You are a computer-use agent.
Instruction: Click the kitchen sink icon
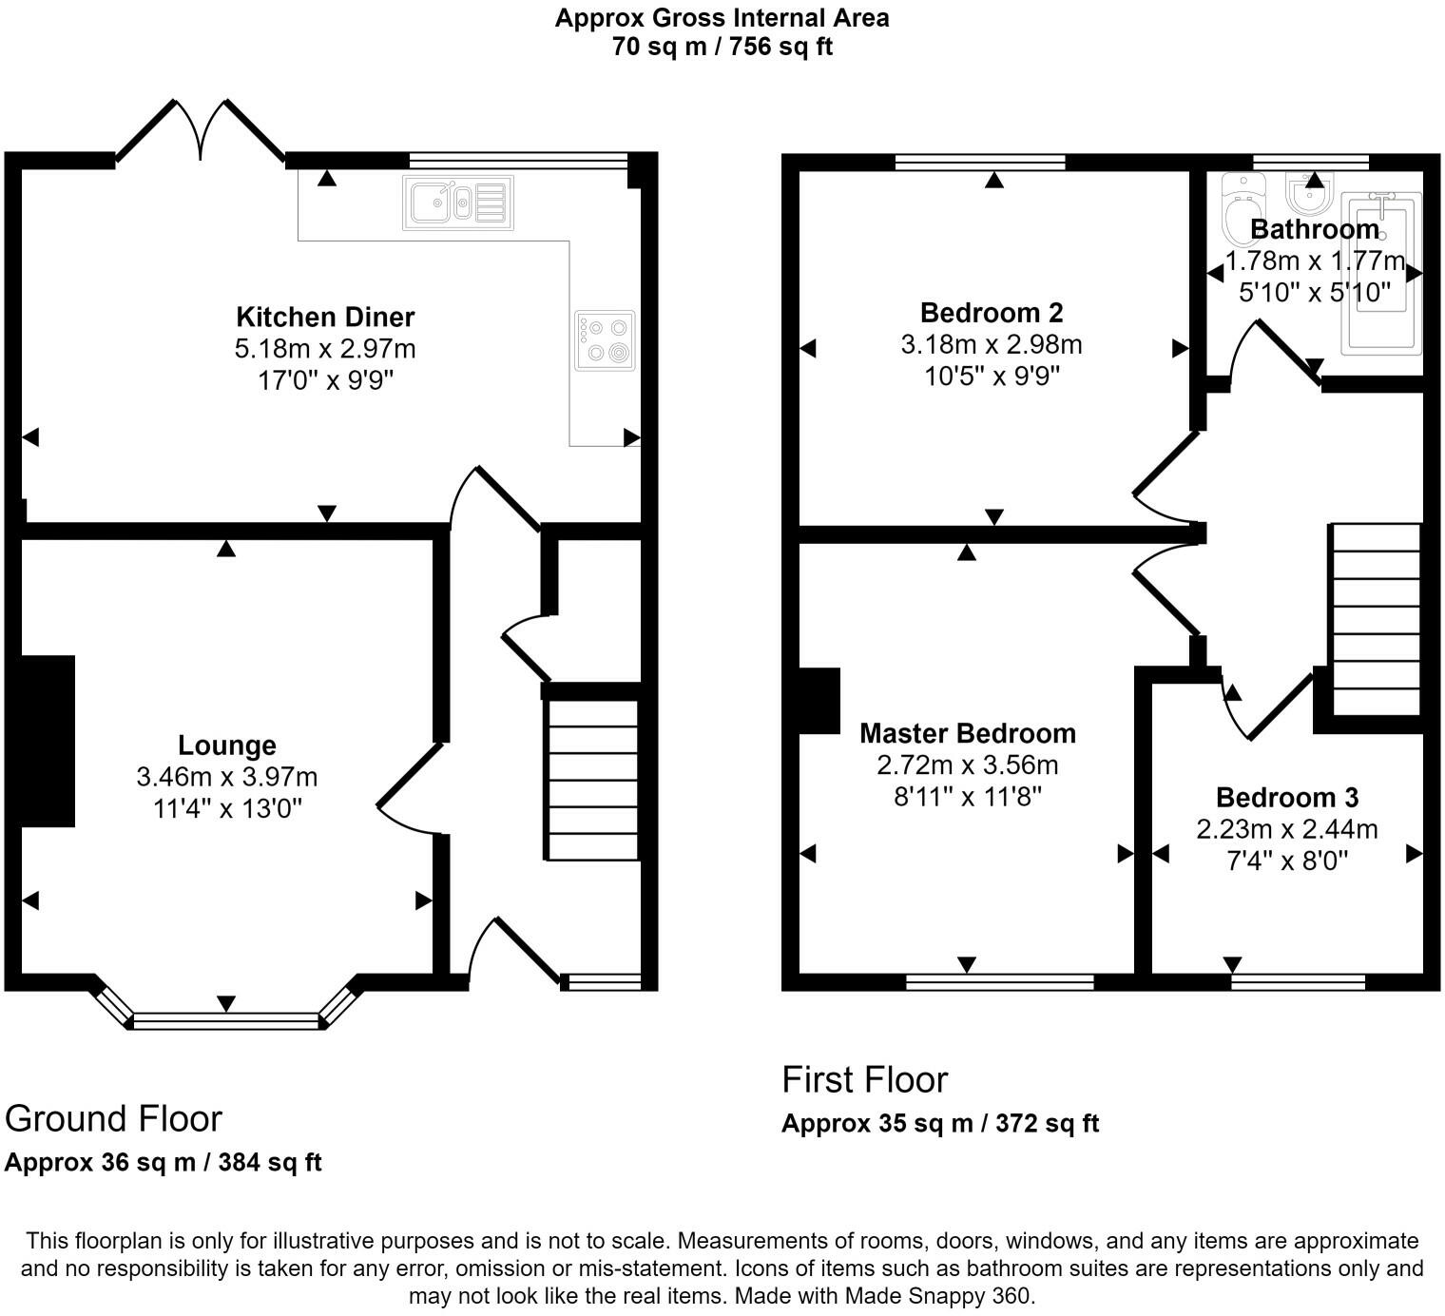pyautogui.click(x=457, y=203)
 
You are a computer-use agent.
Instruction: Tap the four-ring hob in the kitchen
pyautogui.click(x=605, y=340)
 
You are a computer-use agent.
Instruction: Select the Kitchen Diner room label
pyautogui.click(x=325, y=317)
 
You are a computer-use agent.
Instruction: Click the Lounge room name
pyautogui.click(x=227, y=745)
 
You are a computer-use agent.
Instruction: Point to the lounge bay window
pyautogui.click(x=226, y=1020)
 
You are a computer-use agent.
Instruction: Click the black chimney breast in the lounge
pyautogui.click(x=48, y=741)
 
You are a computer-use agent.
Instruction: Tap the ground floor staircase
pyautogui.click(x=591, y=780)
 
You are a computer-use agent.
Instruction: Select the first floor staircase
pyautogui.click(x=1375, y=618)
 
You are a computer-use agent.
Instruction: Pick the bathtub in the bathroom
pyautogui.click(x=1381, y=274)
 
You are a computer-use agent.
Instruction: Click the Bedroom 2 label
pyautogui.click(x=992, y=312)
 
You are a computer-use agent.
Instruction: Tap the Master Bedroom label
pyautogui.click(x=968, y=733)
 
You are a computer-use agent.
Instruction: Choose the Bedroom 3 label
pyautogui.click(x=1287, y=797)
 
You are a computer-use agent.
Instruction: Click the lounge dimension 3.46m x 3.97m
pyautogui.click(x=227, y=777)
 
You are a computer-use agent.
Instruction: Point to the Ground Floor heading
pyautogui.click(x=113, y=1118)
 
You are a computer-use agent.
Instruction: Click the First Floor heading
pyautogui.click(x=864, y=1079)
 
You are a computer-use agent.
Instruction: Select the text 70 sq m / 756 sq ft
pyautogui.click(x=722, y=46)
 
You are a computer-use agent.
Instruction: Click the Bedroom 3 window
pyautogui.click(x=1298, y=981)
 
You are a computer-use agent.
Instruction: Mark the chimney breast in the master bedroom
pyautogui.click(x=818, y=701)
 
